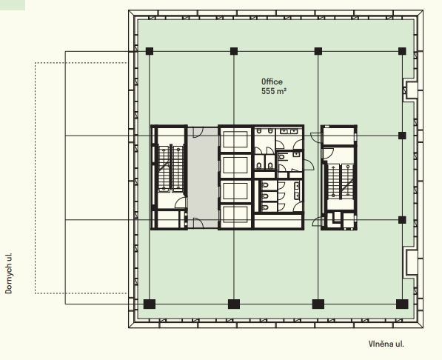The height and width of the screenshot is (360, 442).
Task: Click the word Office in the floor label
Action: [272, 81]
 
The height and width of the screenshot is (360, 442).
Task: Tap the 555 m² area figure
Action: [274, 91]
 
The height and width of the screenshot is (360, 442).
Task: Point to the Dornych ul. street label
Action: [9, 273]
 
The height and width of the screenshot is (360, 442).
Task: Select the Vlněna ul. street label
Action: [386, 344]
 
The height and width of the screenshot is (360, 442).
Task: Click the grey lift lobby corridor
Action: [203, 178]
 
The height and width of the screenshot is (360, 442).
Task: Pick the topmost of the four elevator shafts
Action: [235, 139]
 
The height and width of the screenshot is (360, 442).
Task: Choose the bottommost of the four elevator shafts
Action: [235, 216]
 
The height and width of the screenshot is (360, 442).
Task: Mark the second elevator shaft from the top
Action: [235, 166]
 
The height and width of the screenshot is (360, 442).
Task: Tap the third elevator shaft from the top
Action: [235, 191]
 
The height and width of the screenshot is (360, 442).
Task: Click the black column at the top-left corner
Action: [150, 51]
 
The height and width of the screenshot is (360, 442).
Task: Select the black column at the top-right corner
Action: [402, 51]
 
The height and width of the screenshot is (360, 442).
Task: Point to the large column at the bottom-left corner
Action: [150, 304]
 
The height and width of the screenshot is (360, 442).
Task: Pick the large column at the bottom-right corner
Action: [402, 304]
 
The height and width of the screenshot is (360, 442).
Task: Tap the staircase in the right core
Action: [340, 181]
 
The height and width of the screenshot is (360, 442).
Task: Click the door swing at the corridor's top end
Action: [198, 132]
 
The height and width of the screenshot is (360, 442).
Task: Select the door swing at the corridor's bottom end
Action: [198, 223]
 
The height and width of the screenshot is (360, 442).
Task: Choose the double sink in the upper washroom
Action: [289, 131]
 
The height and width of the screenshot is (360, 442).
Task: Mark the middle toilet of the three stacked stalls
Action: [265, 196]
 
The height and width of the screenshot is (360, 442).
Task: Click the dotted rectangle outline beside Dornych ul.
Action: [35, 178]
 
